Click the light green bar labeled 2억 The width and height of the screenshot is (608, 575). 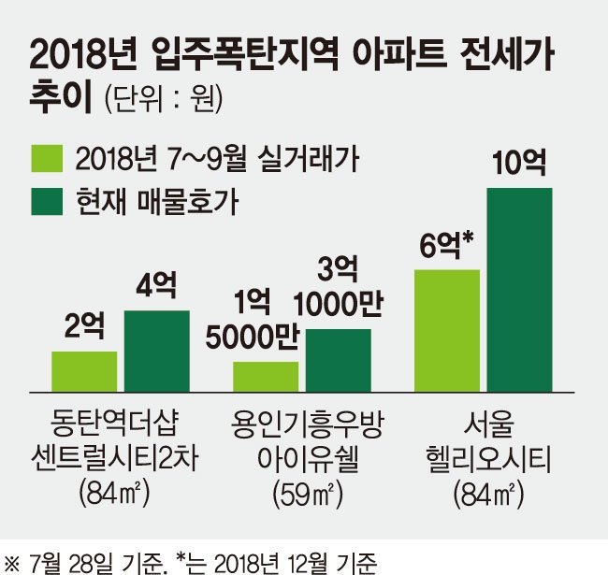pyautogui.click(x=84, y=371)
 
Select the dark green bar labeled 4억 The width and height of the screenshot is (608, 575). pyautogui.click(x=157, y=351)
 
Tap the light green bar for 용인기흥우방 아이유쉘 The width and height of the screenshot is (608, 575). pyautogui.click(x=266, y=377)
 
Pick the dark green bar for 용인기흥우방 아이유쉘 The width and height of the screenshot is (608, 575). pyautogui.click(x=338, y=360)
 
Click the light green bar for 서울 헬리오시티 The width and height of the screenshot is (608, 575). pyautogui.click(x=447, y=331)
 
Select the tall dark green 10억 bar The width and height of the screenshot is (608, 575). pyautogui.click(x=519, y=290)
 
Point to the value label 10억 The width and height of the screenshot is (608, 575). pyautogui.click(x=519, y=163)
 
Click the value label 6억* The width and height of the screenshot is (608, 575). pyautogui.click(x=446, y=244)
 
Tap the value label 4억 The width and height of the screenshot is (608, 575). pyautogui.click(x=156, y=285)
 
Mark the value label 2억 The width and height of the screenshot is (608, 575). pyautogui.click(x=84, y=326)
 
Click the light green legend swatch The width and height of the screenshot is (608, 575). pyautogui.click(x=47, y=158)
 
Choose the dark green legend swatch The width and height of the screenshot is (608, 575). pyautogui.click(x=47, y=201)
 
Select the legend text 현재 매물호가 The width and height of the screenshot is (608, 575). pyautogui.click(x=157, y=201)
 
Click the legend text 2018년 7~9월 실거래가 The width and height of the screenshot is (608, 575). pyautogui.click(x=217, y=158)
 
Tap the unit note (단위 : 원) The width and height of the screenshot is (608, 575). pyautogui.click(x=164, y=99)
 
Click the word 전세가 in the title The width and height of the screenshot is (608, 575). pyautogui.click(x=507, y=57)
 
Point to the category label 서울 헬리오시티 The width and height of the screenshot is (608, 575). pyautogui.click(x=488, y=441)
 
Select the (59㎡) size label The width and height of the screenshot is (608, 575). pyautogui.click(x=308, y=494)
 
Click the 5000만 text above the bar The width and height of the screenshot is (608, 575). pyautogui.click(x=253, y=337)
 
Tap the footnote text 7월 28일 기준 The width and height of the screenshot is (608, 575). pyautogui.click(x=98, y=563)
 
